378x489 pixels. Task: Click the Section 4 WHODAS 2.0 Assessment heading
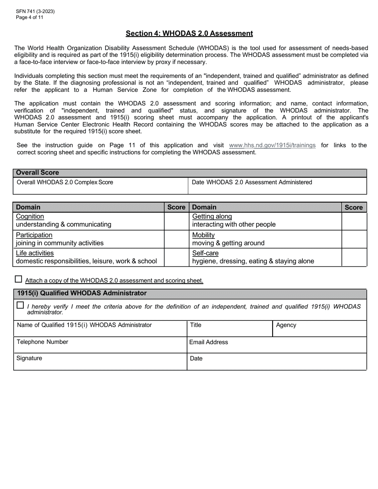coord(189,33)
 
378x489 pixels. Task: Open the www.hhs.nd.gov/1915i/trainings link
coord(272,146)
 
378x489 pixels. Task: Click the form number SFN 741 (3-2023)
coord(35,12)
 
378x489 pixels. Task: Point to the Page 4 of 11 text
coord(29,17)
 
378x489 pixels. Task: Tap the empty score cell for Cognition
coord(176,221)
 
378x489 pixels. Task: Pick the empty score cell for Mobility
coord(354,239)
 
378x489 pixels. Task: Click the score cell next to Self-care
coord(354,257)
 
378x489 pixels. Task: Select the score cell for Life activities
coord(176,257)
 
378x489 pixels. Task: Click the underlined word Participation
coord(34,235)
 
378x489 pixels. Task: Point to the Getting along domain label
coord(212,217)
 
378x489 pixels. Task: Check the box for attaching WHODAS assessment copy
coord(18,279)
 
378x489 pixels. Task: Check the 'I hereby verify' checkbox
coord(20,305)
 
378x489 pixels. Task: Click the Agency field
coord(320,329)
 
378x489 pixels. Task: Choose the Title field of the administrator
coord(230,329)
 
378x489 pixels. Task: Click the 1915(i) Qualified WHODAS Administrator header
coord(82,293)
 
